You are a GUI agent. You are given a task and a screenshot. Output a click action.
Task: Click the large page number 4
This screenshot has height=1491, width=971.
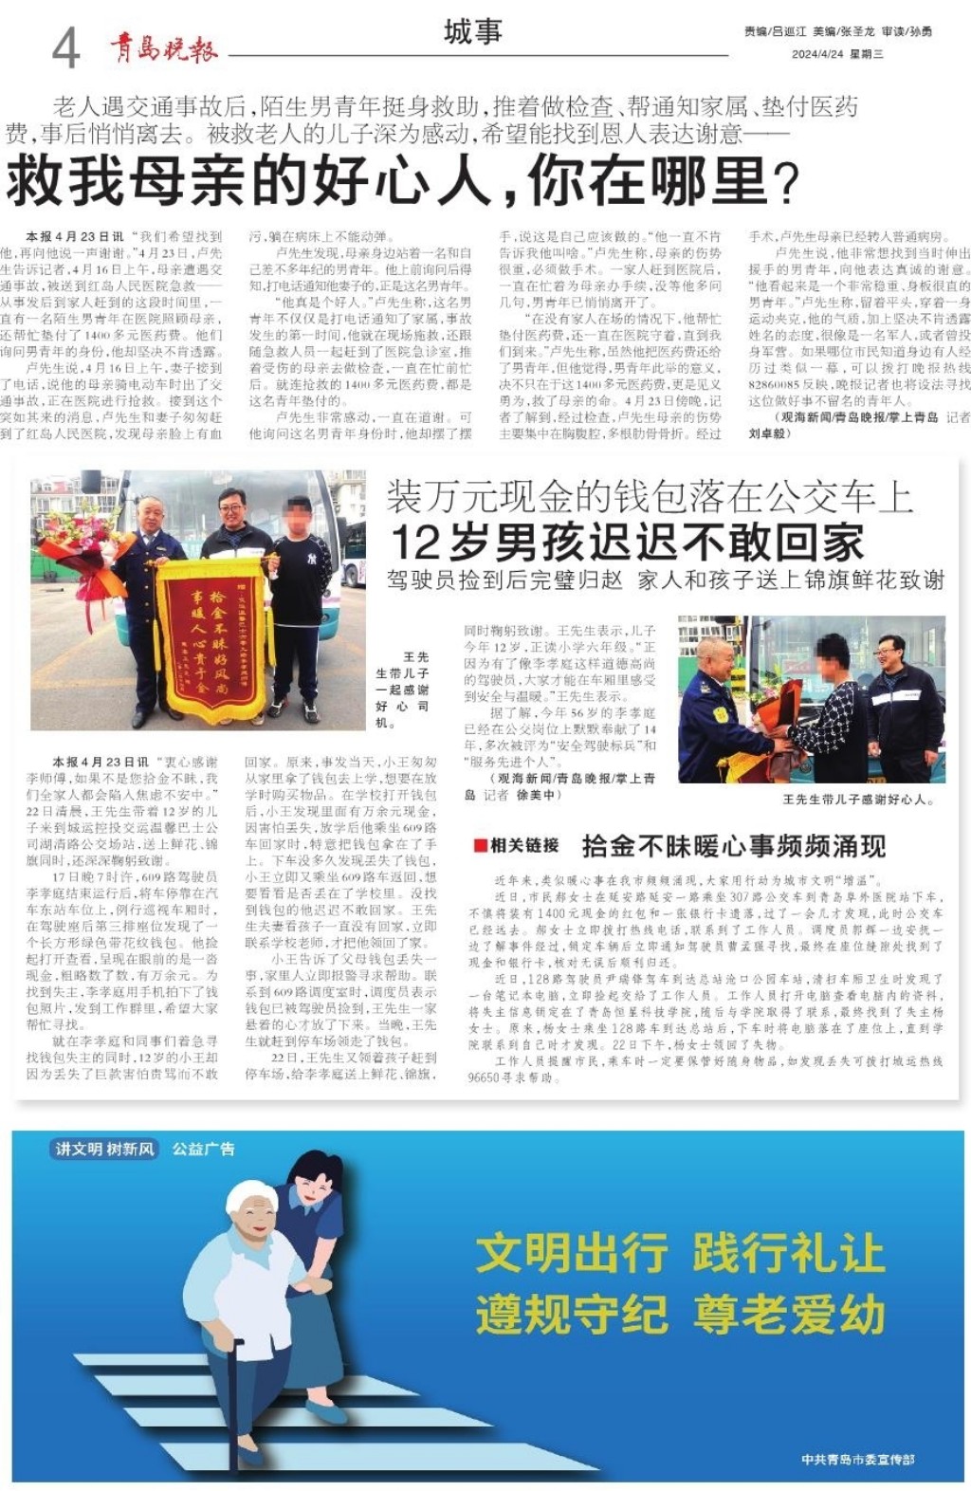pos(65,47)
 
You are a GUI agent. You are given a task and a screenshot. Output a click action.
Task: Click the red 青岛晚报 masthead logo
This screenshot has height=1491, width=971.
pos(163,48)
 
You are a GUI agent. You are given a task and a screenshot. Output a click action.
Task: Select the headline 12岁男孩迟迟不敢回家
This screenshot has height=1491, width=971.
pos(627,542)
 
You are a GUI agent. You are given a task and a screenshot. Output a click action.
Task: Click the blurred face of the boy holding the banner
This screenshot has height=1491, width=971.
pos(298,518)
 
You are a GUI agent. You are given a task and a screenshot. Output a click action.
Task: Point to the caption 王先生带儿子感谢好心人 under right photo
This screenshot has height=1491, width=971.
pos(857,800)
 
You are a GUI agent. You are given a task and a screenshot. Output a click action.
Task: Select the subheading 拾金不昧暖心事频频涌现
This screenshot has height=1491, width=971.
pos(733,845)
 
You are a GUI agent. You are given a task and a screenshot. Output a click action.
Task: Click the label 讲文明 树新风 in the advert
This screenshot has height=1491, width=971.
pos(104,1149)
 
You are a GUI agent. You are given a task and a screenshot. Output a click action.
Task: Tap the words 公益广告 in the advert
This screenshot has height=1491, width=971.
pos(203,1149)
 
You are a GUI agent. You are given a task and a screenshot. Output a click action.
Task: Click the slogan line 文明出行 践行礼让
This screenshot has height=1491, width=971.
pos(679,1252)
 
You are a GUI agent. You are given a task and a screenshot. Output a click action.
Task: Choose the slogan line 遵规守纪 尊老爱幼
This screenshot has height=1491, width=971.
pos(679,1315)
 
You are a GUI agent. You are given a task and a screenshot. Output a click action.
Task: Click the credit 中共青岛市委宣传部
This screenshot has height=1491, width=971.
pos(856,1460)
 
